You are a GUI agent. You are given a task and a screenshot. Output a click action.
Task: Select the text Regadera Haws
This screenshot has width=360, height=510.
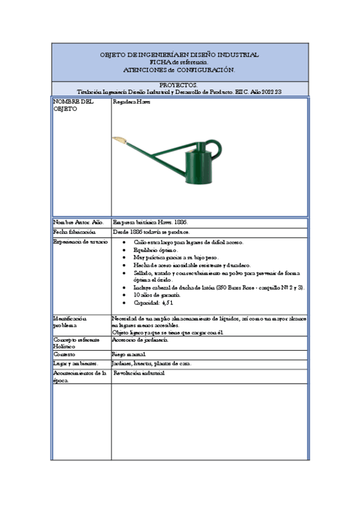132,102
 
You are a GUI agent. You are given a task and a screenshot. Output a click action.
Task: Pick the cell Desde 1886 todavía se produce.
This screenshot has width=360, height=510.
151,232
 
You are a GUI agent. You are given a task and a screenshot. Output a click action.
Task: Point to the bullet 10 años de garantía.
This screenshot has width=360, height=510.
157,295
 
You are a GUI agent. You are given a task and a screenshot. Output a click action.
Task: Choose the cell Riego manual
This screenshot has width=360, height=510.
129,355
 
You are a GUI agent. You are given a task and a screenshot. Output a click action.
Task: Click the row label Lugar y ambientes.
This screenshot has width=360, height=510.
75,364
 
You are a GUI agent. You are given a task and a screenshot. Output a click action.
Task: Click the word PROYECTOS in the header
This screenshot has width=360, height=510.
179,85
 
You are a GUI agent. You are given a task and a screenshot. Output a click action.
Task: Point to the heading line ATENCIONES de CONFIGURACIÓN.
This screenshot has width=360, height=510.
179,70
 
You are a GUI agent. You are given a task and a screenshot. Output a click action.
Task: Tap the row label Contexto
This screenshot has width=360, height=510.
66,355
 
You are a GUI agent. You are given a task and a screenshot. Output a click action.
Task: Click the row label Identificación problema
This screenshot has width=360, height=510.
70,322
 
